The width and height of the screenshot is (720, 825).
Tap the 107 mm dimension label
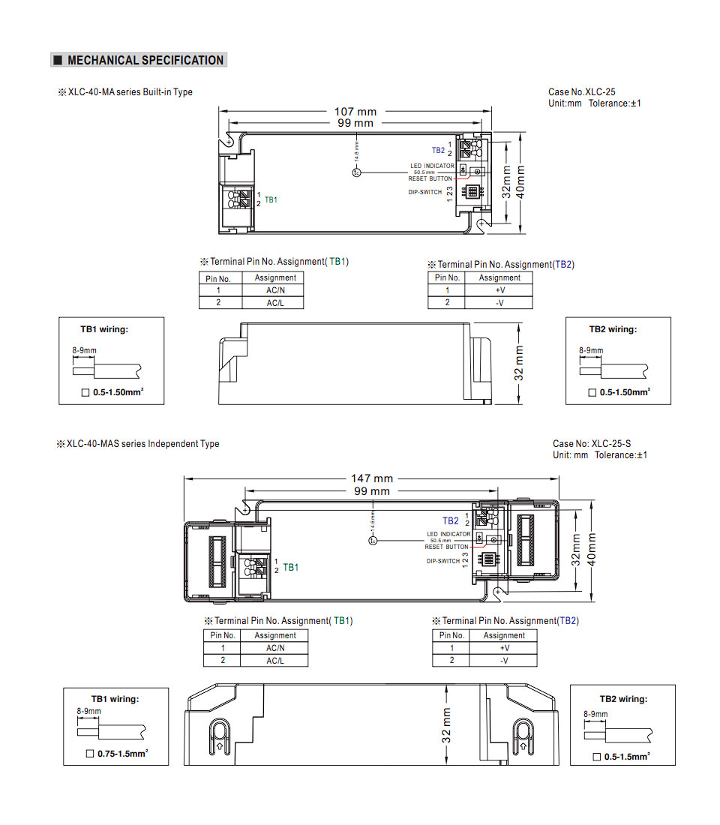[355, 112]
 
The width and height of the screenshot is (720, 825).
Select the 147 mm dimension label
[372, 478]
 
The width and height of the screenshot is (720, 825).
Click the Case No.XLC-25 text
[582, 91]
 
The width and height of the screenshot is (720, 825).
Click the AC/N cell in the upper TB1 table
[275, 290]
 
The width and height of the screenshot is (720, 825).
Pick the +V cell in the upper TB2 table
[500, 289]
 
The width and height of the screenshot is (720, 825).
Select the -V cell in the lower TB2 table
[504, 660]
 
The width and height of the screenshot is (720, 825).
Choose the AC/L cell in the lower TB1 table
[275, 661]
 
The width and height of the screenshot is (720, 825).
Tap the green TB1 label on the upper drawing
[271, 200]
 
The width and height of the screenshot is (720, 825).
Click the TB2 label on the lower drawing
[450, 520]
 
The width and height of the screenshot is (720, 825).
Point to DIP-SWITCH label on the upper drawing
[425, 192]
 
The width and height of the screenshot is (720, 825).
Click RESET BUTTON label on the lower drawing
[446, 547]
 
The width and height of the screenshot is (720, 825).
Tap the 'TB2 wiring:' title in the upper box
[612, 329]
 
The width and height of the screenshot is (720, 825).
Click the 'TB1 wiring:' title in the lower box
[115, 699]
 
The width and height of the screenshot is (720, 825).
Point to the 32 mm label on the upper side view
[519, 363]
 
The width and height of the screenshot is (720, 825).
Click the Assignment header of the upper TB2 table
[499, 277]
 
